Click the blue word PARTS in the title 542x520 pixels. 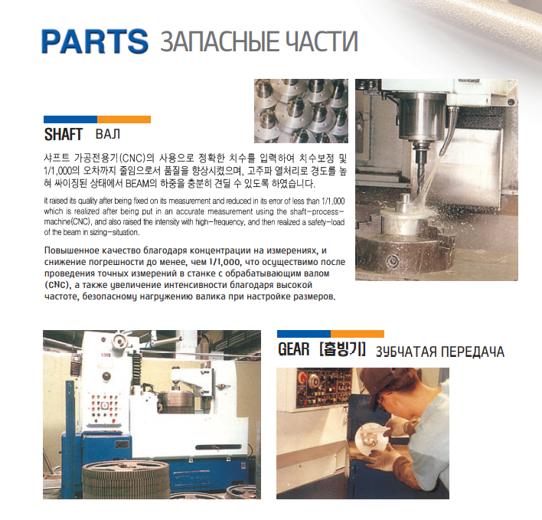(x=95, y=41)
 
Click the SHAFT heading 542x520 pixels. (x=64, y=134)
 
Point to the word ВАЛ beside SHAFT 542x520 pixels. (x=108, y=134)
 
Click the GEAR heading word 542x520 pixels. (x=293, y=349)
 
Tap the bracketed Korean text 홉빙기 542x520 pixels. (x=342, y=349)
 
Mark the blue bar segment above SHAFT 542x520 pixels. (x=70, y=119)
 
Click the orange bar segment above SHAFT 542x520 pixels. (x=124, y=119)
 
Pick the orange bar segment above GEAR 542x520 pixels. (x=358, y=334)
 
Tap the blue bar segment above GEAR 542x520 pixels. (x=304, y=334)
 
